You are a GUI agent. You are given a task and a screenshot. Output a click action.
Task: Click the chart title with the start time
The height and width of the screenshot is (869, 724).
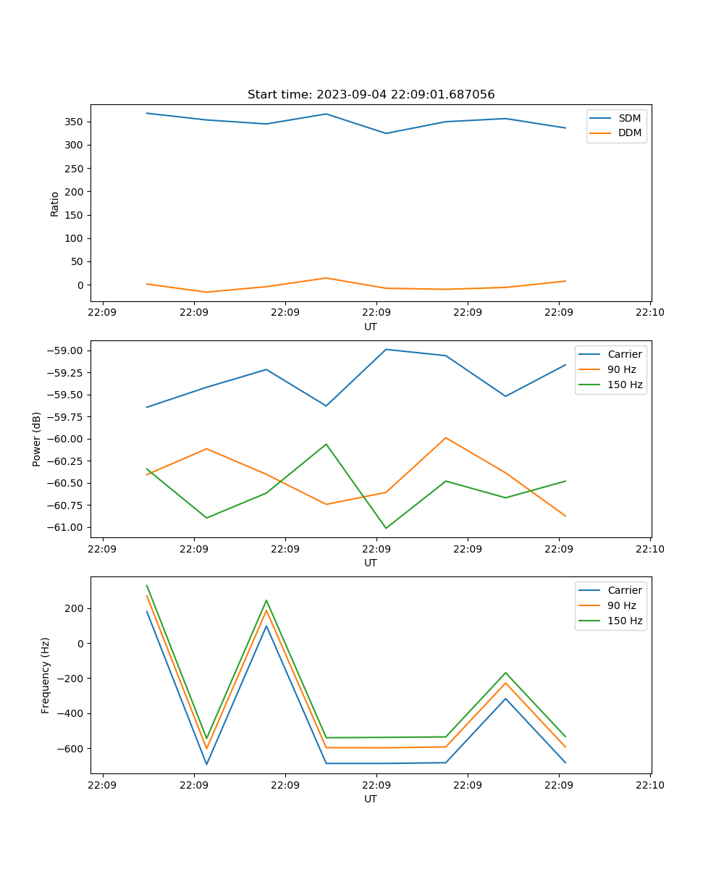click(371, 95)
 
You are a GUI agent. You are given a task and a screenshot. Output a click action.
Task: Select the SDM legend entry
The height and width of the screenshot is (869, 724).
click(629, 118)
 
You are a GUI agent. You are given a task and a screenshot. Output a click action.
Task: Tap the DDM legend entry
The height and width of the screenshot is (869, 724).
click(629, 133)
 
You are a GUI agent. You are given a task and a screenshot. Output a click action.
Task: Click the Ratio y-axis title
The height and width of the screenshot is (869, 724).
click(55, 203)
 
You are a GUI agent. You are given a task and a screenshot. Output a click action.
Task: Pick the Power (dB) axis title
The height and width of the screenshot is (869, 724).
click(37, 439)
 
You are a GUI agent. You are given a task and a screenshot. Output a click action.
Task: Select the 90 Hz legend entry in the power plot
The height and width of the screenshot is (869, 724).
click(622, 369)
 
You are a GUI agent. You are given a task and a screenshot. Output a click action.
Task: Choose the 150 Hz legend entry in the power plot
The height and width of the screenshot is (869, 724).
click(625, 385)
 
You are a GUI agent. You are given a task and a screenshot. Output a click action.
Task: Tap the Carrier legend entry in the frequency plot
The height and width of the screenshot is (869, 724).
click(625, 590)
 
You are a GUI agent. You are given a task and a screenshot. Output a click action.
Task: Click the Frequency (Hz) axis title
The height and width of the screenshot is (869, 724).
click(46, 675)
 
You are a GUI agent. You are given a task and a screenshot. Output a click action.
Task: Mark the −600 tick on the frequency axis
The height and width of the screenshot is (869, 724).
click(70, 748)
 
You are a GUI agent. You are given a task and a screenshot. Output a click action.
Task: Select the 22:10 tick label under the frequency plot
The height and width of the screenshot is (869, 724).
click(649, 785)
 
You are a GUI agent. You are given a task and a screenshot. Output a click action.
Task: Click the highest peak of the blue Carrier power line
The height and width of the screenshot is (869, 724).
click(386, 349)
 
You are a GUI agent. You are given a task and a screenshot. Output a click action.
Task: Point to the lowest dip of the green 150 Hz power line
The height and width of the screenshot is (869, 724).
click(386, 528)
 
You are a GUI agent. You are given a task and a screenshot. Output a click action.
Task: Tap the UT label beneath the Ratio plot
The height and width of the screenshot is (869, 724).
click(371, 327)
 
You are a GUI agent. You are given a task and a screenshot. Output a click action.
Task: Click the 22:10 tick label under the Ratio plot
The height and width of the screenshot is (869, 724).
click(649, 313)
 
